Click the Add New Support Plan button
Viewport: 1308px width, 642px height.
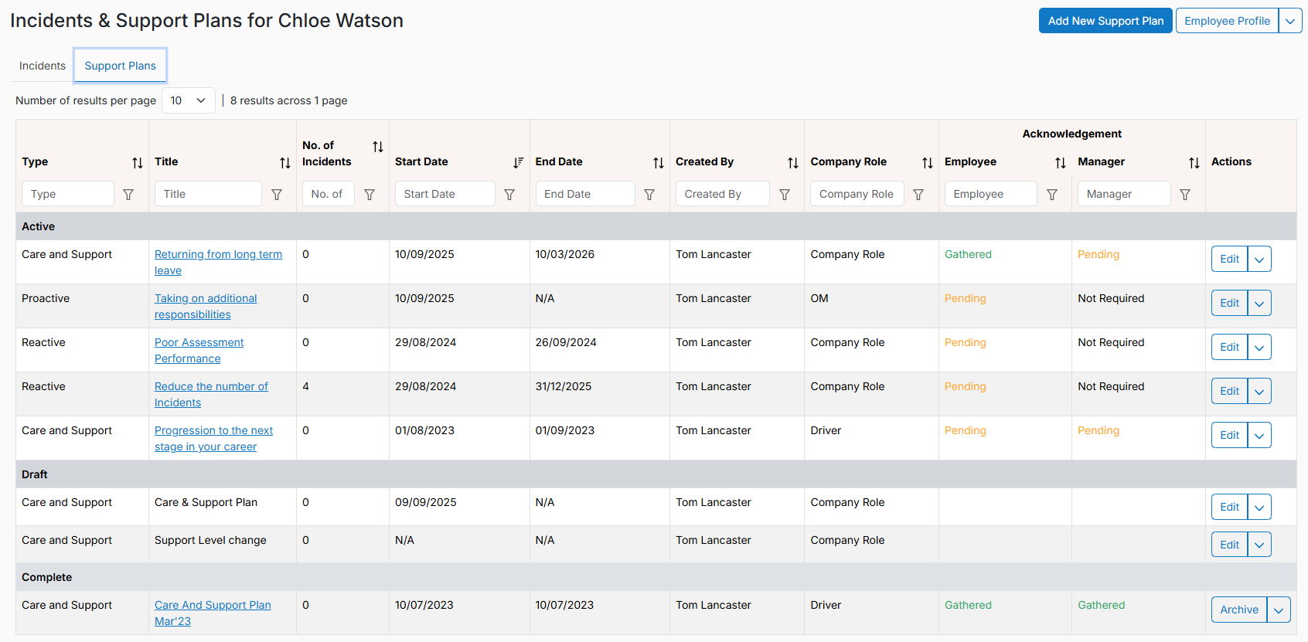pos(1105,21)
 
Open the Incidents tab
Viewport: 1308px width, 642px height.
pos(42,66)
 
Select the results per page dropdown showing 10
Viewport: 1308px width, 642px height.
pos(188,100)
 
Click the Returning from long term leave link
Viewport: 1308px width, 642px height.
pos(218,262)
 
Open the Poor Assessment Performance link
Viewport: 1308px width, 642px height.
pos(199,350)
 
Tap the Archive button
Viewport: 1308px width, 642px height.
pos(1238,610)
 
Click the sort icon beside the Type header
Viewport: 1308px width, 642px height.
pos(138,163)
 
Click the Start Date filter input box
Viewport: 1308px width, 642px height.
pos(445,194)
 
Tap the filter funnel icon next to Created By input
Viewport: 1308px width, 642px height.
pos(785,195)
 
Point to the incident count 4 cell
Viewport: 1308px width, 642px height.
pos(305,386)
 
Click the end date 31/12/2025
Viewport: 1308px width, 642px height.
pos(563,386)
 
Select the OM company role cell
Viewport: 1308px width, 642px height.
pos(819,298)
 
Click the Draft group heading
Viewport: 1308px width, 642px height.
pos(35,474)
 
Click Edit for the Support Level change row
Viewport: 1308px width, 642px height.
pos(1229,545)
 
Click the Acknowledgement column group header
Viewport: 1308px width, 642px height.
pos(1071,134)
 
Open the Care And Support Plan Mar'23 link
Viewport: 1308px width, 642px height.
pos(213,613)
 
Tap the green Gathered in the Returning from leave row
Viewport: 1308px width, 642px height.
pos(968,254)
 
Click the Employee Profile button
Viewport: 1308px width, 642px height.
pos(1227,21)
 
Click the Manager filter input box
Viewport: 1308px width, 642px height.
pos(1123,194)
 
